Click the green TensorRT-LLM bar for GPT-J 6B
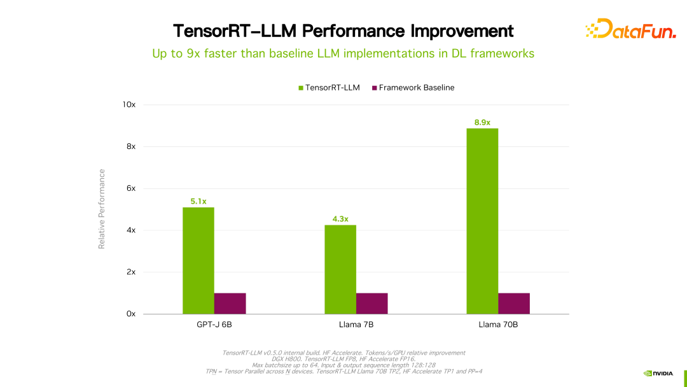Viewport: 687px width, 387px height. pos(198,260)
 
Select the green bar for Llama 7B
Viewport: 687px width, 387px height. pos(340,269)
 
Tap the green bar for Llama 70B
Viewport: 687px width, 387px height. pos(482,221)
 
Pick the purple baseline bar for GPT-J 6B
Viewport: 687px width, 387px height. pos(230,304)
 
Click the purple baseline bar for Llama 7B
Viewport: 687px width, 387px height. pos(372,304)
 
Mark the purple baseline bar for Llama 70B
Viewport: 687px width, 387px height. pos(514,304)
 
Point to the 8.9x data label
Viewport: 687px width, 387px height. pos(482,122)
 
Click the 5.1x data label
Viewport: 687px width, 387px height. pos(198,201)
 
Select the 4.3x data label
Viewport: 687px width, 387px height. pos(340,219)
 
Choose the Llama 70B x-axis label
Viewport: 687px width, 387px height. pos(498,325)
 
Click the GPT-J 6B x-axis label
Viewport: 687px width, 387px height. pos(214,325)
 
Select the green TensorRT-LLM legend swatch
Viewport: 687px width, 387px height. pos(301,88)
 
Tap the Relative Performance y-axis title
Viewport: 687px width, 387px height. pos(102,209)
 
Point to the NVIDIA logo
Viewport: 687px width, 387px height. pos(658,373)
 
